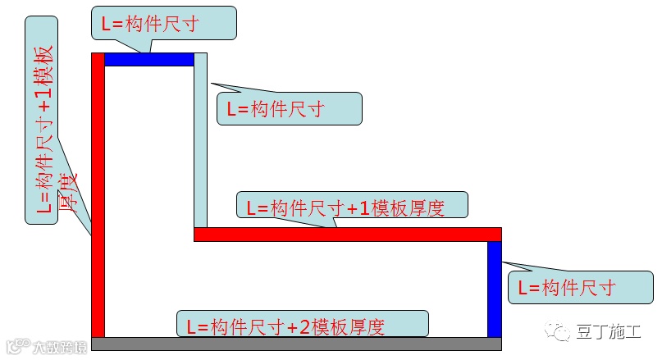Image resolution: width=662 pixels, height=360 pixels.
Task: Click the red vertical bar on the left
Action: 98,197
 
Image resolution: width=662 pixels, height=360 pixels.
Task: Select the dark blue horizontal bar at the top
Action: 148,59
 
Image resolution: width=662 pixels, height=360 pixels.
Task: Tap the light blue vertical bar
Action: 201,139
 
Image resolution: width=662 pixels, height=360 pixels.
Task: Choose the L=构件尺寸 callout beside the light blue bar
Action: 288,108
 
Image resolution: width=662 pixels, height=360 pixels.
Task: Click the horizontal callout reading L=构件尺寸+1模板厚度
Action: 352,206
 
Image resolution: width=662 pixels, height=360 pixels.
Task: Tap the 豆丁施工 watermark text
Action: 611,332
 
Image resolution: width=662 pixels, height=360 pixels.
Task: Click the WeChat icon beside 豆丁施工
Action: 561,331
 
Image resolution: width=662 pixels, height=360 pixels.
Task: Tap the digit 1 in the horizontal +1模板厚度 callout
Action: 363,208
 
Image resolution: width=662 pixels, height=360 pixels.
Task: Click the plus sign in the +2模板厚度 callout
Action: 292,326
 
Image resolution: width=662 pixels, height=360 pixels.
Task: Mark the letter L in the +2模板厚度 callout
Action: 192,326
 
